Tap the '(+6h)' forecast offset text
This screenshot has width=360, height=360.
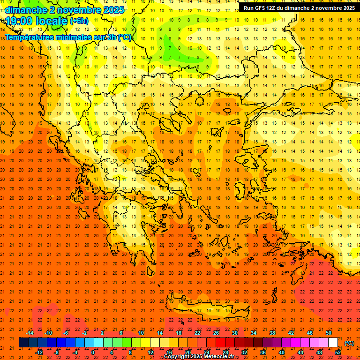78,21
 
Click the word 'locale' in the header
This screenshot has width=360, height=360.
52,21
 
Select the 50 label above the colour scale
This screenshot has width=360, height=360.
328,333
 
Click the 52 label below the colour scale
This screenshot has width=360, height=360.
337,352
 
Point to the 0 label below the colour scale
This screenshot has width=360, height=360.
93,352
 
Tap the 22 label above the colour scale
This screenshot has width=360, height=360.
197,333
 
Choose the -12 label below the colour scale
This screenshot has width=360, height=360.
39,352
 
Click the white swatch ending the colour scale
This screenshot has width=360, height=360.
333,343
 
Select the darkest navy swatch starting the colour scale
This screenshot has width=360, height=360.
23,343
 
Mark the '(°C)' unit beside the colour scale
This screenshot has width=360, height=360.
349,343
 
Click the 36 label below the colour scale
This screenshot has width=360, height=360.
262,352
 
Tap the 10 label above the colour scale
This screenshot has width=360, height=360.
141,333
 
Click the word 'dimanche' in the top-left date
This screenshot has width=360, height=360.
26,10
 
